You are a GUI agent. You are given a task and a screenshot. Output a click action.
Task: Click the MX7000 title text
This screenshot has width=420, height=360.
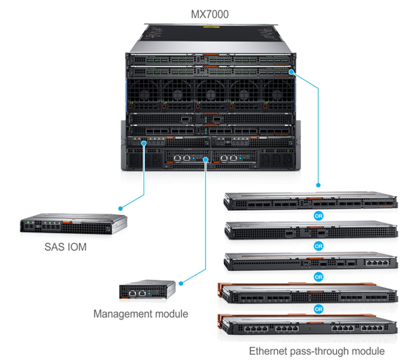(209, 14)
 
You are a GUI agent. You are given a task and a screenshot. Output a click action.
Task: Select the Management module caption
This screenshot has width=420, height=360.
(141, 314)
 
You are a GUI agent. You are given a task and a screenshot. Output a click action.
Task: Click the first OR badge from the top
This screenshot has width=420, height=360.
(318, 216)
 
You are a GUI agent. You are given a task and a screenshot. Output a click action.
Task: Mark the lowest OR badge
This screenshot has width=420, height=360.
(318, 308)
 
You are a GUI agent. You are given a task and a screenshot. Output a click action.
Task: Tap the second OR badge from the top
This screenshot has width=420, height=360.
(318, 247)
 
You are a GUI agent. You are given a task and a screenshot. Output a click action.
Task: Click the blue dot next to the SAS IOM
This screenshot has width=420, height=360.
(120, 208)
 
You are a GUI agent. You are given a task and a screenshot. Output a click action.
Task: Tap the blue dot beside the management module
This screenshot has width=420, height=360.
(181, 284)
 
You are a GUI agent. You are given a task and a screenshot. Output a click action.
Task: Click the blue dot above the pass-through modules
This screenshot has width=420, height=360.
(318, 185)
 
